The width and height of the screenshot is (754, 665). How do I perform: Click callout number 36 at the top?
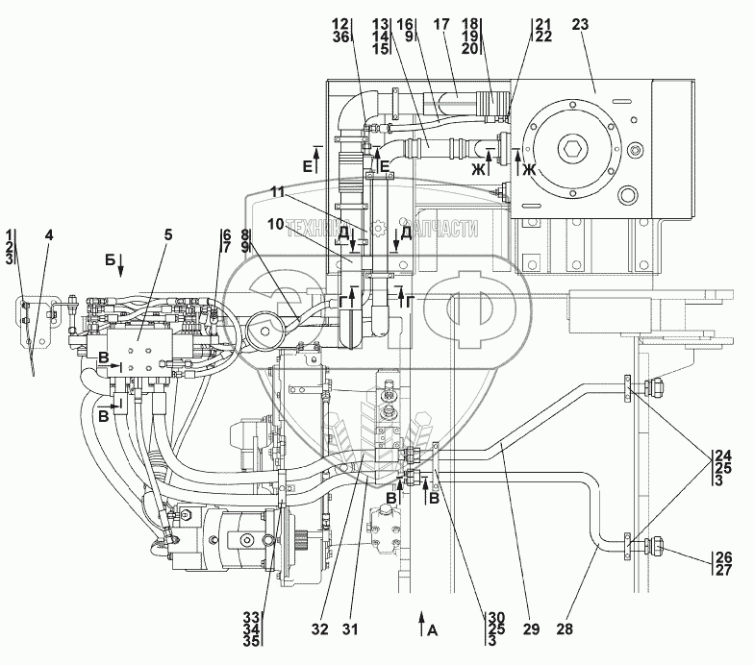(342, 37)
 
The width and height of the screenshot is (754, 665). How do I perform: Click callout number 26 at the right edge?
(721, 557)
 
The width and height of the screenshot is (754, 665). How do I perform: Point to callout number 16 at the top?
(409, 23)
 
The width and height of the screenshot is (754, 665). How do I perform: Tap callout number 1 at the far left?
(10, 234)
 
